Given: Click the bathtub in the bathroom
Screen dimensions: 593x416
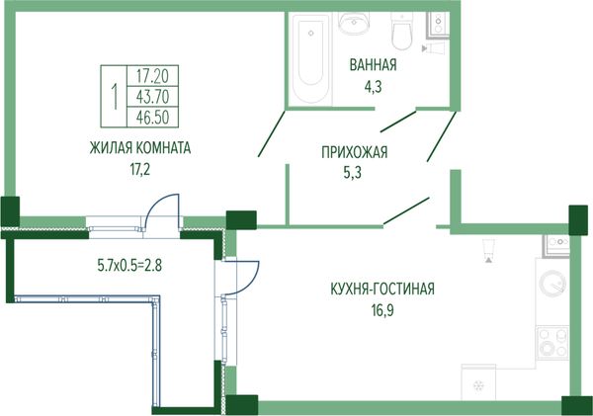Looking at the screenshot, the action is click(310, 58).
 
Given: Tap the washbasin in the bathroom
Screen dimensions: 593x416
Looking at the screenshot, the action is click(354, 23).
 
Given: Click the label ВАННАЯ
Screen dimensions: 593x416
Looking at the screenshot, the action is click(373, 65).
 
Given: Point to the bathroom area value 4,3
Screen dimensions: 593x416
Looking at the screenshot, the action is click(373, 87).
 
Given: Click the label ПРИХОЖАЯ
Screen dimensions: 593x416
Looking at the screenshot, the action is click(355, 152).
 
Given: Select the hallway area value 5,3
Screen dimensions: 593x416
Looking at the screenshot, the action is click(353, 173).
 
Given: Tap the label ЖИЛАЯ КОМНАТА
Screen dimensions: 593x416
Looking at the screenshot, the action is click(140, 148).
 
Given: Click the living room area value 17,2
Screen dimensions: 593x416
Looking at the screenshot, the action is click(140, 169).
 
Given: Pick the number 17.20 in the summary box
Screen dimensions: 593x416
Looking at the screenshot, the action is click(152, 76).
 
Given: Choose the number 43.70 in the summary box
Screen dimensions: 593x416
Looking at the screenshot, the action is click(152, 97).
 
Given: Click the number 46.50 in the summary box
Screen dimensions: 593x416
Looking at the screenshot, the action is click(152, 118).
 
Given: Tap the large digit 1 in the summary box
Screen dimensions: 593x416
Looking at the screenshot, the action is click(114, 97).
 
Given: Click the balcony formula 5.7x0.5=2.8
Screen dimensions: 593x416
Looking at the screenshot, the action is click(129, 266).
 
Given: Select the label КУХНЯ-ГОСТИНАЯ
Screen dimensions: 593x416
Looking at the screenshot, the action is click(382, 289).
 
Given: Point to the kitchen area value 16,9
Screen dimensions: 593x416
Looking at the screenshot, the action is click(382, 310).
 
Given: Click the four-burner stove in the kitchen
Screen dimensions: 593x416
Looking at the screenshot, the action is click(552, 342).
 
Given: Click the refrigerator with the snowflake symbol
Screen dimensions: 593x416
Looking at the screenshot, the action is click(478, 382).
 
